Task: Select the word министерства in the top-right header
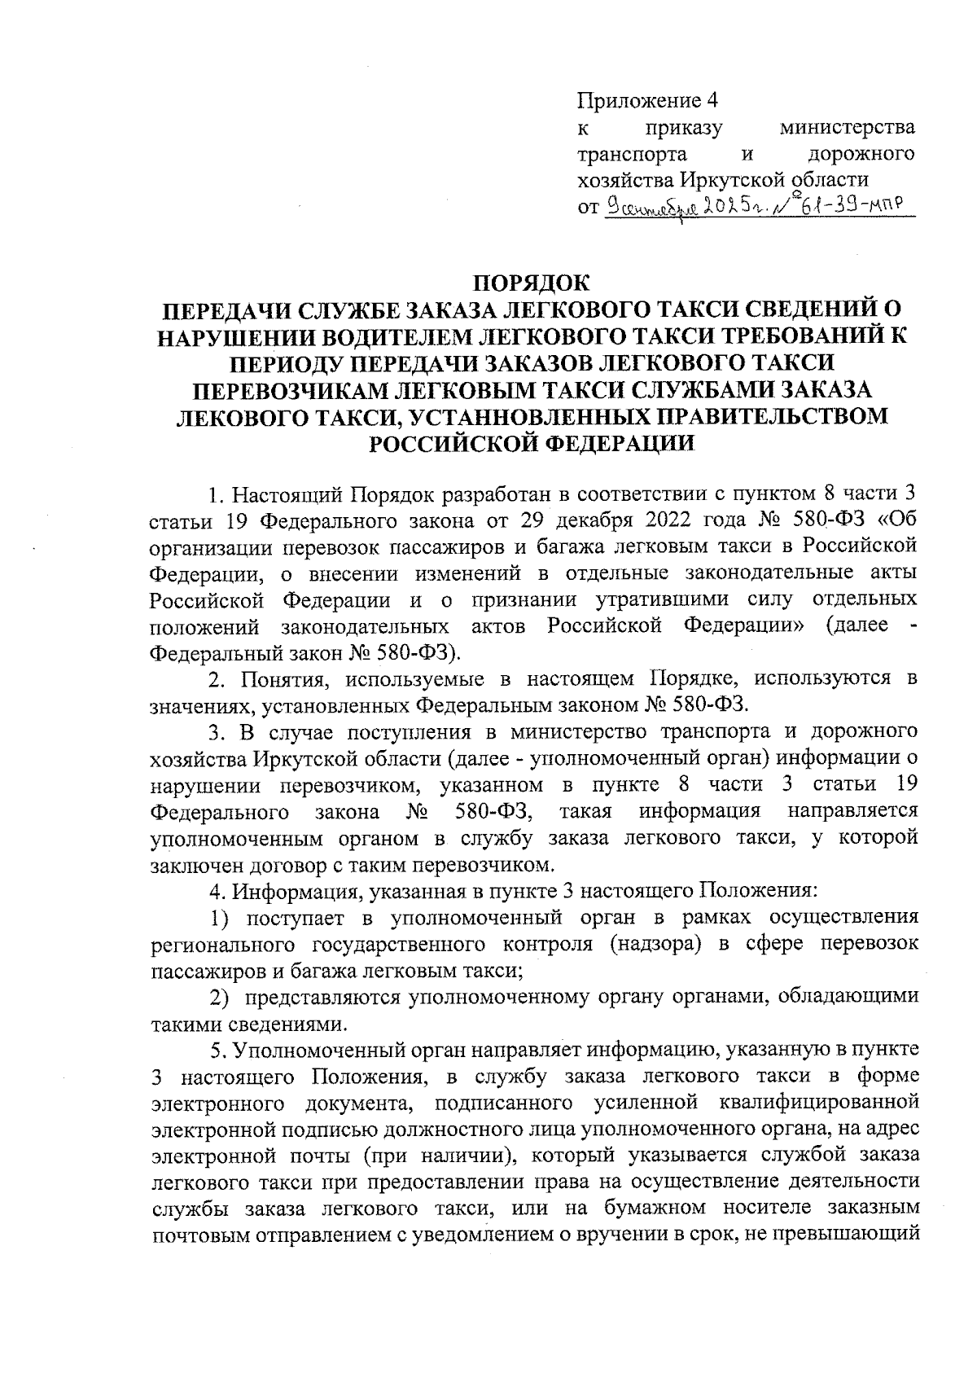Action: [x=847, y=128]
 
